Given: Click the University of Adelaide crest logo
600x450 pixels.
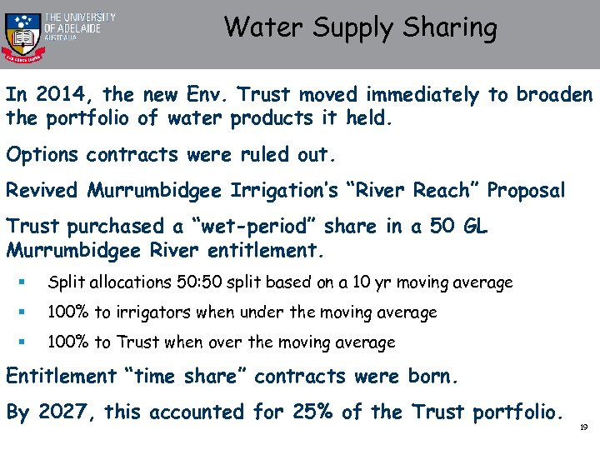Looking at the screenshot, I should (x=21, y=34).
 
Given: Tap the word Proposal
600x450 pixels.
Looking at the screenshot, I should (x=526, y=191).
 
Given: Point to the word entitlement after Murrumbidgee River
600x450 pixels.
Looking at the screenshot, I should (x=268, y=250).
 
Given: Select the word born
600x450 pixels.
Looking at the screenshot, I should (x=431, y=377).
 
